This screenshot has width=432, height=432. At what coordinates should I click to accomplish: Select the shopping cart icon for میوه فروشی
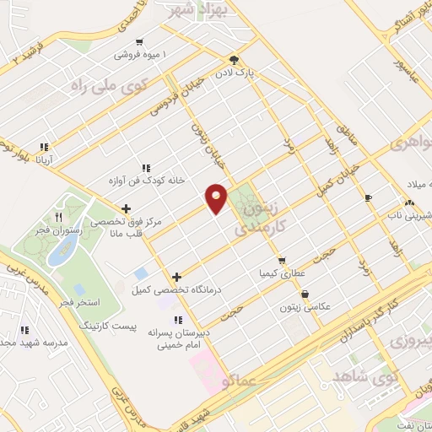[x=139, y=41]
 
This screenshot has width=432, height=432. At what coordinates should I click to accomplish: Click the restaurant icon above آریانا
[x=47, y=145]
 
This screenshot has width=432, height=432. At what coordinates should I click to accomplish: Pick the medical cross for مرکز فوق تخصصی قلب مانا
[x=126, y=208]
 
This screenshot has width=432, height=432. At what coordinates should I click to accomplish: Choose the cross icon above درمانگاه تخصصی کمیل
[x=176, y=277]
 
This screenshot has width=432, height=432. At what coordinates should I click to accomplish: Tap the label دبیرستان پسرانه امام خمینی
[x=176, y=338]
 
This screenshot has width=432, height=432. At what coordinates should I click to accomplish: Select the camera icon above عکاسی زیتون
[x=304, y=294]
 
